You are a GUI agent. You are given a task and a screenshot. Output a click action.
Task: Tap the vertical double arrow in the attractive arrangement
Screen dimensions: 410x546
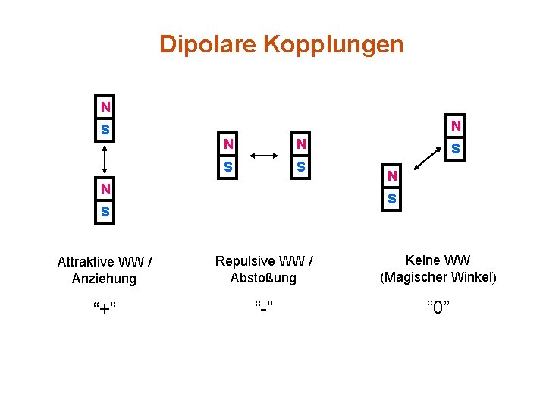pyautogui.click(x=105, y=160)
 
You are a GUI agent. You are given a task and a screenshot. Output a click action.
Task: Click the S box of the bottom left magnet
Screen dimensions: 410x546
pyautogui.click(x=105, y=210)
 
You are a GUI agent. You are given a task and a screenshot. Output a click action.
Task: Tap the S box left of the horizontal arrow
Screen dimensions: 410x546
pyautogui.click(x=227, y=165)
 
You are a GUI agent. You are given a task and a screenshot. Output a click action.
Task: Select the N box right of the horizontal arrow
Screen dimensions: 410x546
pyautogui.click(x=301, y=143)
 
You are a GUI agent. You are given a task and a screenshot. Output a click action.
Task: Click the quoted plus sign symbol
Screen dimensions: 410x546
pyautogui.click(x=105, y=307)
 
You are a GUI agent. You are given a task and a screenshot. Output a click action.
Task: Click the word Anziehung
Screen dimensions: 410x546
pyautogui.click(x=105, y=279)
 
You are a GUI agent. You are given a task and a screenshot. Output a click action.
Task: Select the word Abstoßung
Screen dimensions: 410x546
pyautogui.click(x=263, y=278)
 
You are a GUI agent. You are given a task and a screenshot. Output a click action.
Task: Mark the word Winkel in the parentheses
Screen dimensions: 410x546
pyautogui.click(x=473, y=277)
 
